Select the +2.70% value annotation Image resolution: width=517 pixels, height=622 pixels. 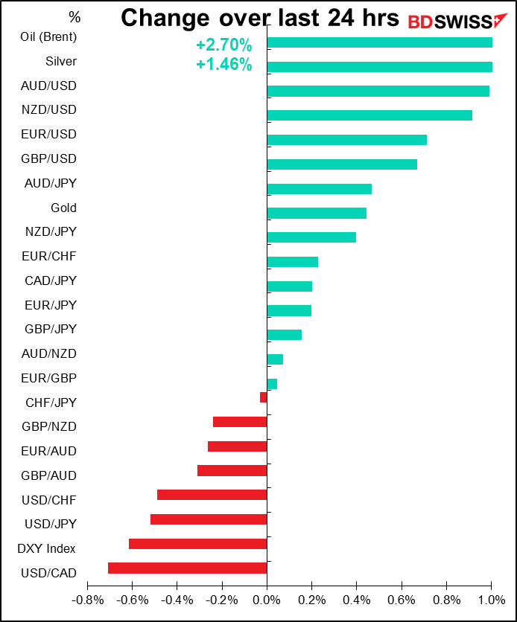point(223,46)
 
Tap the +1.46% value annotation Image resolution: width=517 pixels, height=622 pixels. point(223,65)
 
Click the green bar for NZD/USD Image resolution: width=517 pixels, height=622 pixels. point(369,115)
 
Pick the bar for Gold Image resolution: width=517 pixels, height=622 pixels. point(317,213)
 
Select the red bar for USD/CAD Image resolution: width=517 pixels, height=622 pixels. point(187,568)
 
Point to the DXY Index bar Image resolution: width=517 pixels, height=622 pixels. point(197,544)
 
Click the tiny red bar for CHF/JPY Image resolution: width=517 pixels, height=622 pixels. point(263,397)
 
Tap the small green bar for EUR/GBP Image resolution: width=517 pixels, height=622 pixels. point(272,384)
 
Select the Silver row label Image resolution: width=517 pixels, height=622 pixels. point(60,61)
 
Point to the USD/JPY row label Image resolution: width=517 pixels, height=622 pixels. point(51,524)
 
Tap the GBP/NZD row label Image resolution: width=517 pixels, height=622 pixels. point(49,426)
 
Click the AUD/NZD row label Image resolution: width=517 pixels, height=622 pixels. point(49,353)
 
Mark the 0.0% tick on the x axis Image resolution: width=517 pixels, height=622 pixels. point(267,599)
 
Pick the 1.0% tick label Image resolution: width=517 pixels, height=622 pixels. point(491,599)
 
